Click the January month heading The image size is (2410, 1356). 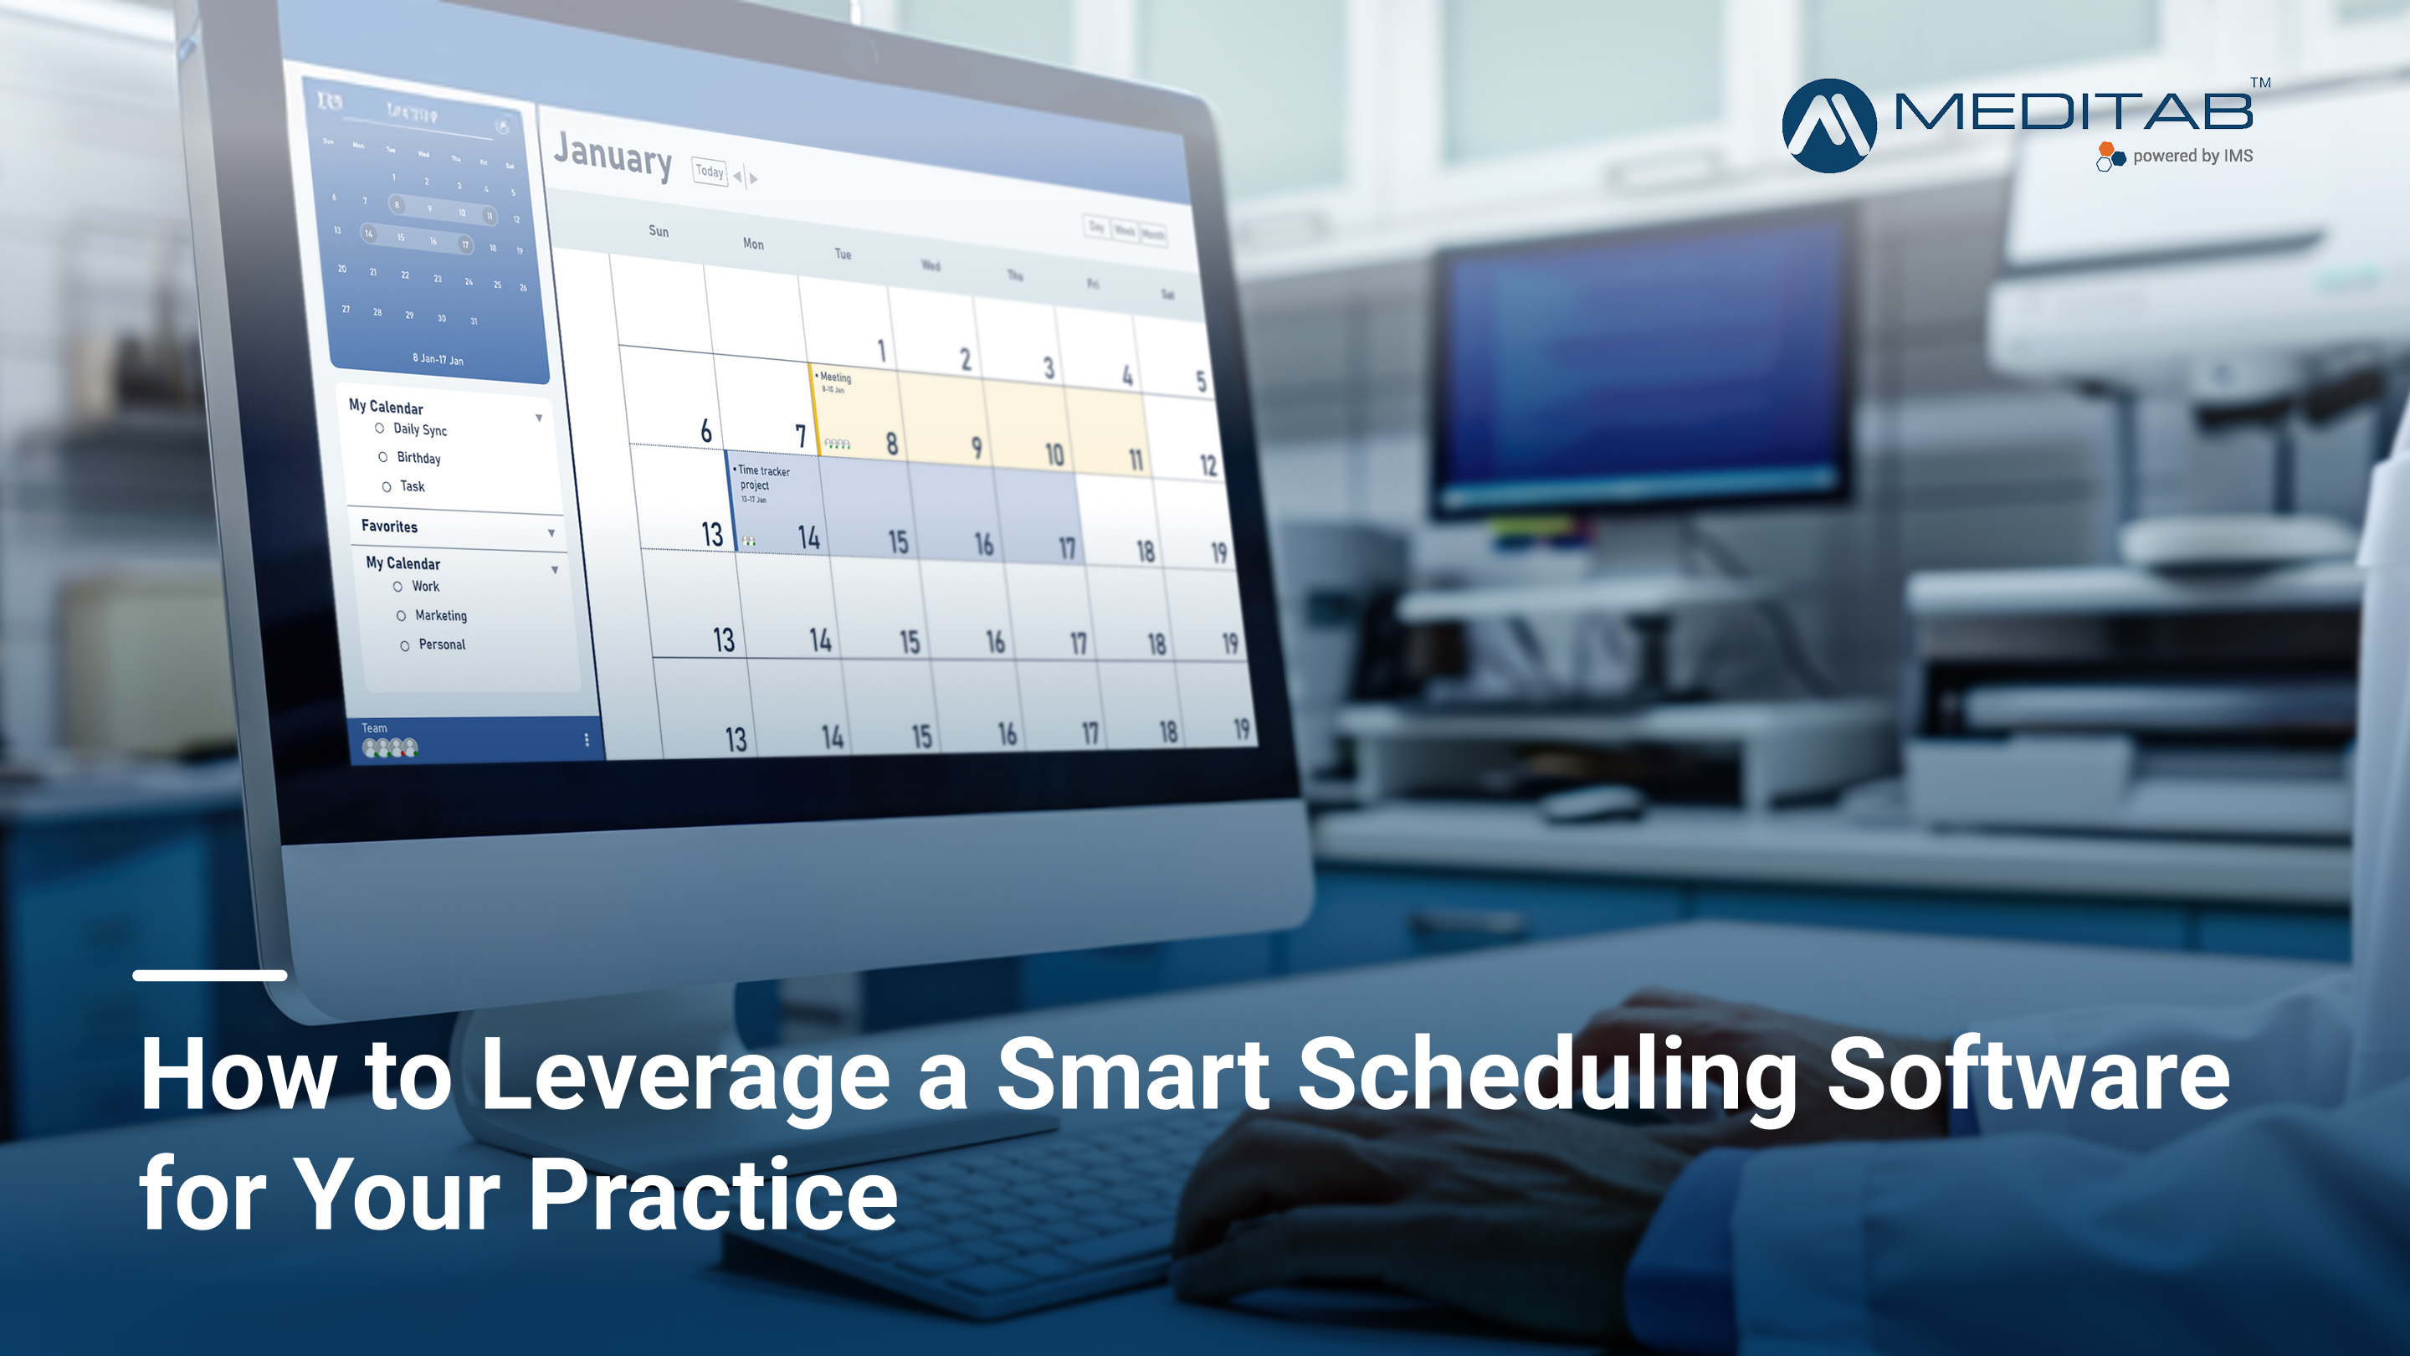click(x=613, y=156)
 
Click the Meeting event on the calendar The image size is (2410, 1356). click(x=834, y=378)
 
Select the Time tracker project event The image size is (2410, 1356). click(x=763, y=477)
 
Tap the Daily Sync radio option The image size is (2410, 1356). click(x=380, y=428)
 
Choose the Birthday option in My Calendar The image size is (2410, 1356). click(x=382, y=457)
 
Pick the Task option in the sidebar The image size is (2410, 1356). click(x=387, y=485)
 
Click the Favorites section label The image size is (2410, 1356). click(x=389, y=526)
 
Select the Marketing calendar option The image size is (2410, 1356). click(x=402, y=616)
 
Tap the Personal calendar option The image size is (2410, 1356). click(x=405, y=645)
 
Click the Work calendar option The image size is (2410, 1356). click(x=397, y=587)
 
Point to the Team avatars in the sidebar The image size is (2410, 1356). click(x=390, y=747)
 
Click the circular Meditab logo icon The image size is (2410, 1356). click(x=1829, y=126)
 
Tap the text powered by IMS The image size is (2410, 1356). click(x=2192, y=157)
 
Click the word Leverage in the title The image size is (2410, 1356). click(x=684, y=1076)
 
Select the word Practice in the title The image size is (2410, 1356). click(x=713, y=1195)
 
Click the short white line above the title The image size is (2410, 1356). click(x=209, y=975)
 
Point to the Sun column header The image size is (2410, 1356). click(x=659, y=231)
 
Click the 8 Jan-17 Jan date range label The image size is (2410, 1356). click(x=438, y=358)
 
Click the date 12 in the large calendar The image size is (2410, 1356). click(x=1208, y=465)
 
